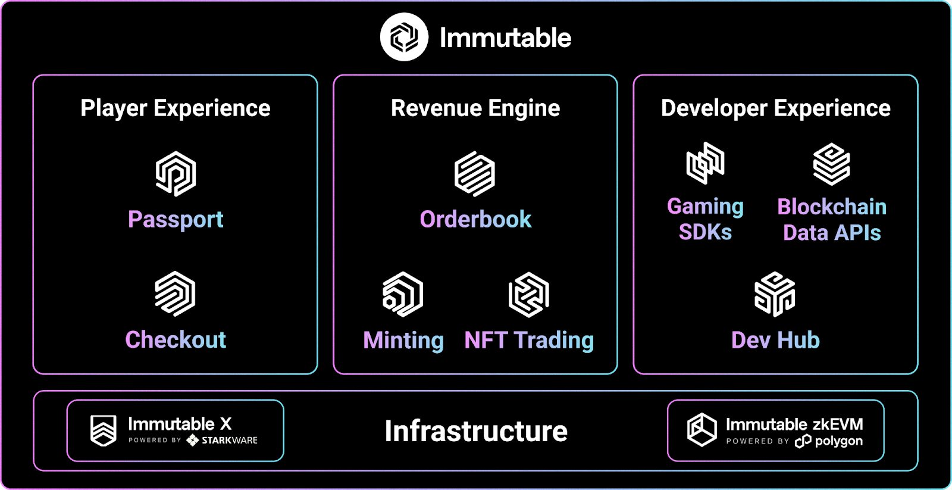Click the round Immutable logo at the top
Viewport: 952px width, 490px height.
pyautogui.click(x=404, y=37)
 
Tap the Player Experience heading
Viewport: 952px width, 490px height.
pyautogui.click(x=176, y=108)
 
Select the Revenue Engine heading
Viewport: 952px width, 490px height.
pyautogui.click(x=475, y=108)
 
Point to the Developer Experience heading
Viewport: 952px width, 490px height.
pyautogui.click(x=776, y=108)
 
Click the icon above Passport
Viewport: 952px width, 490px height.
pyautogui.click(x=176, y=173)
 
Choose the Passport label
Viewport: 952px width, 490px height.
pyautogui.click(x=176, y=220)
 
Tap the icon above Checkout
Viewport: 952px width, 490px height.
pyautogui.click(x=175, y=294)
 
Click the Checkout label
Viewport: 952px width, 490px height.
pyautogui.click(x=176, y=339)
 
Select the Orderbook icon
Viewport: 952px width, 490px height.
pyautogui.click(x=475, y=173)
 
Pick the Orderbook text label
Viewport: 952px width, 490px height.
pyautogui.click(x=475, y=220)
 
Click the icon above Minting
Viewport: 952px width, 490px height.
pyautogui.click(x=403, y=294)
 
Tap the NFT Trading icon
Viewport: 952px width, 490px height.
pyautogui.click(x=529, y=294)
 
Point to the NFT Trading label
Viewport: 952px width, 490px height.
pyautogui.click(x=529, y=340)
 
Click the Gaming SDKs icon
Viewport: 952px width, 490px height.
pyautogui.click(x=706, y=163)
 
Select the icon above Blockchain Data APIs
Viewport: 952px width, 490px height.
pyautogui.click(x=832, y=164)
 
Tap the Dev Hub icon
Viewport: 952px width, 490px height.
pyautogui.click(x=775, y=294)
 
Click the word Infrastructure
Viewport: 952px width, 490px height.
pyautogui.click(x=476, y=431)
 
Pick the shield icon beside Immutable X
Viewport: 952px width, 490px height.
pyautogui.click(x=104, y=430)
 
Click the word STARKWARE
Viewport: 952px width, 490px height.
pyautogui.click(x=230, y=440)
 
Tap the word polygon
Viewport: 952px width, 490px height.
pyautogui.click(x=839, y=441)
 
